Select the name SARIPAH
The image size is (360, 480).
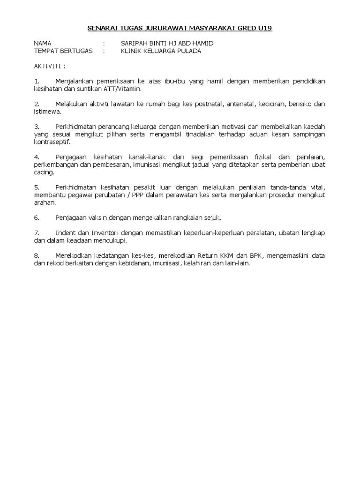point(134,44)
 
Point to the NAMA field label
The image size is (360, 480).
point(43,44)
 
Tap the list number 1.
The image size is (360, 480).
point(37,82)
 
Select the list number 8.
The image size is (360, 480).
point(37,255)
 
